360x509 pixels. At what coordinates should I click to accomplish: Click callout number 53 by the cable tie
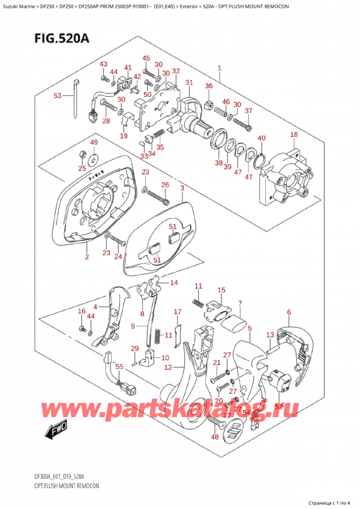[58, 95]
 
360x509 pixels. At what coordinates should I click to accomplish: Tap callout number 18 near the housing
[293, 134]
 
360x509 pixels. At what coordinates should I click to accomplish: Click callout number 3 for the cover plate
[182, 188]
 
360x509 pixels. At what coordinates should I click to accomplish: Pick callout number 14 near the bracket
[174, 283]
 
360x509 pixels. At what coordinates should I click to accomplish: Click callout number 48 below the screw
[215, 436]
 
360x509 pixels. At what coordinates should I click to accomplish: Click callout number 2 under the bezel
[86, 257]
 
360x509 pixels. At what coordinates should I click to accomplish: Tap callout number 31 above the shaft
[189, 82]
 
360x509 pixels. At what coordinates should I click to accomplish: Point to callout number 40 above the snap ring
[261, 139]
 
